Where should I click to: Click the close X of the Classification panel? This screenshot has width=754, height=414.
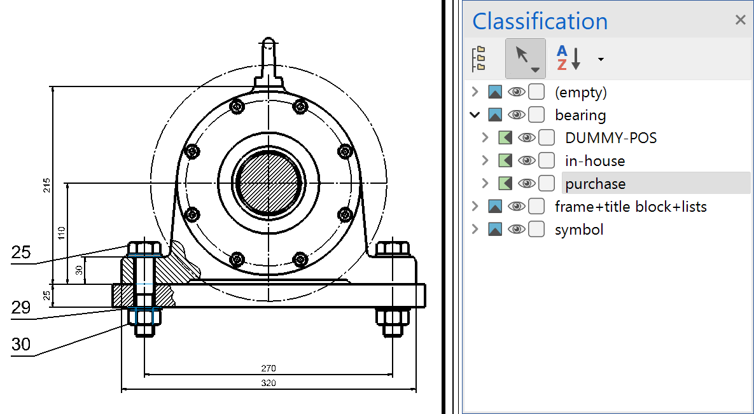tap(740, 20)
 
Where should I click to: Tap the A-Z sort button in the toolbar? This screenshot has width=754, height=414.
tap(569, 58)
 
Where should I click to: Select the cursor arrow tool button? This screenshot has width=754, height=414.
tap(525, 58)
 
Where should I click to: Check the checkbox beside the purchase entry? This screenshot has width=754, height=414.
tap(547, 183)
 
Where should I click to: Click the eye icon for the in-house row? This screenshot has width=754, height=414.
tap(527, 161)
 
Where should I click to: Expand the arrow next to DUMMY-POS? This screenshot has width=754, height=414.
tap(485, 138)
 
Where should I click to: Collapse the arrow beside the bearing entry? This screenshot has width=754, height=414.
tap(475, 115)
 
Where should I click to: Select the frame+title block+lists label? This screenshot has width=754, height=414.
tap(631, 207)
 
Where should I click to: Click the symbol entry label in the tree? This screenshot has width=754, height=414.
tap(579, 230)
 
